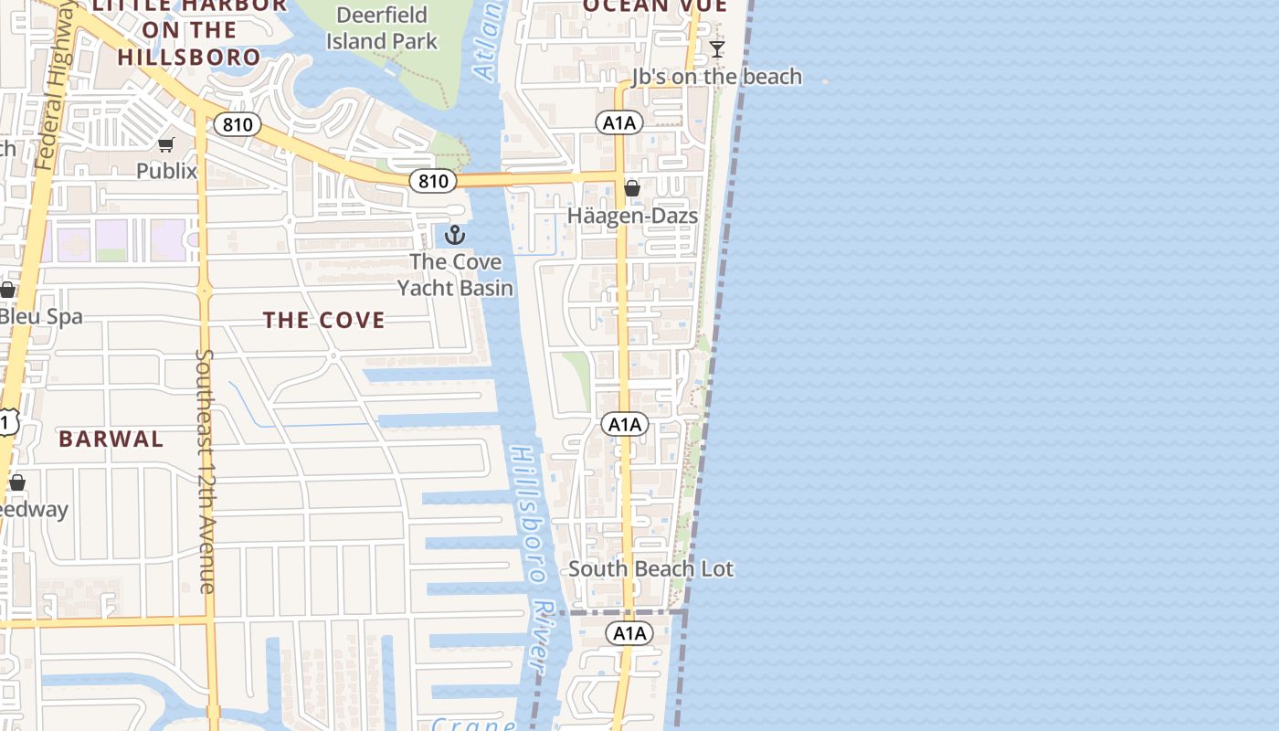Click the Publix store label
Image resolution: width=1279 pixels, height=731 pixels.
tap(166, 171)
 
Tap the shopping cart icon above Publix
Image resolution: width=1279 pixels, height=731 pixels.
tap(166, 144)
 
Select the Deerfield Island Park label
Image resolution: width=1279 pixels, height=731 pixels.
tap(382, 28)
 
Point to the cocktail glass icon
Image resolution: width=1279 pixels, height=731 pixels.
tap(717, 48)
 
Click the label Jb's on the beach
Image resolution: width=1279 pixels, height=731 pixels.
tap(717, 77)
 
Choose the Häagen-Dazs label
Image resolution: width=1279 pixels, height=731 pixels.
tap(632, 216)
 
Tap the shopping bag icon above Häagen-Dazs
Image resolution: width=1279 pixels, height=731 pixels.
tap(631, 188)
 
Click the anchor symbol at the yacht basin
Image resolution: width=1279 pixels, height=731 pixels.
tap(455, 236)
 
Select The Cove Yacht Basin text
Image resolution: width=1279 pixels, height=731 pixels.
tap(455, 275)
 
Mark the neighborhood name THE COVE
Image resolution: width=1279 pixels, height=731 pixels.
tap(324, 320)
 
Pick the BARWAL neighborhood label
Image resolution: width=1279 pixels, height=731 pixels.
tap(111, 439)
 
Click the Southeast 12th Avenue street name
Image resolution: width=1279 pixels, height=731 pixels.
tap(206, 471)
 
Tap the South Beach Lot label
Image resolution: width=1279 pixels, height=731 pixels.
tap(650, 568)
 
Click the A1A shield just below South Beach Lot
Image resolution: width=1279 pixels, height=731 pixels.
tap(629, 633)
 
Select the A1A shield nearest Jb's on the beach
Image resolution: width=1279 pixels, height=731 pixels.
tap(619, 122)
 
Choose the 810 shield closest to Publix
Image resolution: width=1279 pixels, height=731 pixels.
tap(238, 124)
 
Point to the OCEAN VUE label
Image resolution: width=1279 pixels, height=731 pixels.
tap(655, 5)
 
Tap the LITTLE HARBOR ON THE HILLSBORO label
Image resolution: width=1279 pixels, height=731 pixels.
tap(190, 31)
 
